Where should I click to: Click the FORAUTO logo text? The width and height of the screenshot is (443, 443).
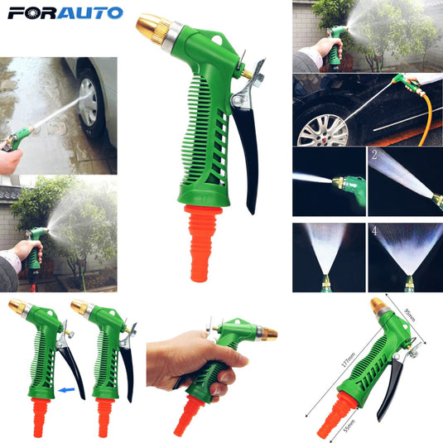tap(64, 13)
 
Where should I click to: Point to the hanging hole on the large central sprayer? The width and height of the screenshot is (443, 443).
tap(216, 40)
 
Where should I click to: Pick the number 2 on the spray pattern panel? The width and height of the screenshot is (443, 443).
tap(373, 155)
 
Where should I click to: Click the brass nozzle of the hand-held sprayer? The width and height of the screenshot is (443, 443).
tap(267, 334)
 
